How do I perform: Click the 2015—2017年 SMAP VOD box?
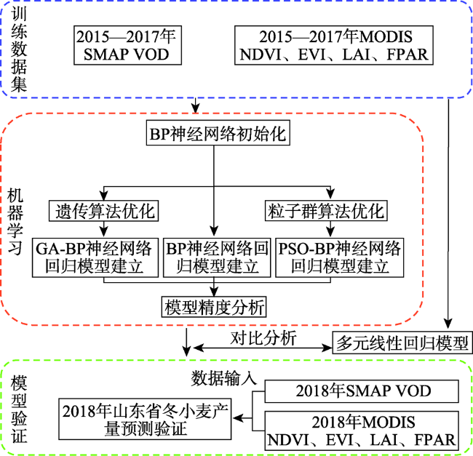tap(127, 45)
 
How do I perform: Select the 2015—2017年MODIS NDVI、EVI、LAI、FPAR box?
tap(334, 45)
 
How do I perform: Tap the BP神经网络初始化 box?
tap(218, 133)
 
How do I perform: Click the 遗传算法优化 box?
tap(104, 211)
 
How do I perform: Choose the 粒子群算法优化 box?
tap(326, 211)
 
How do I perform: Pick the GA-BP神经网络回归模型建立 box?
tap(95, 257)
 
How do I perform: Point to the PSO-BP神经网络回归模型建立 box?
tap(340, 257)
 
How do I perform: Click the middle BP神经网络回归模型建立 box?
tap(217, 257)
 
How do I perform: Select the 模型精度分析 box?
tap(214, 307)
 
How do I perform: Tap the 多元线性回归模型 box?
tap(402, 343)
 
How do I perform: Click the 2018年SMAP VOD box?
tap(362, 391)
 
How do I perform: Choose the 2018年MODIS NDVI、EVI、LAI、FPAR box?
tap(362, 431)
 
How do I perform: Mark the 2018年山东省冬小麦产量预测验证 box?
tap(145, 419)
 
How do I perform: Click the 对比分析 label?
tap(263, 338)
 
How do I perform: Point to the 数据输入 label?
tap(223, 378)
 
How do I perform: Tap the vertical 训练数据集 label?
tap(19, 49)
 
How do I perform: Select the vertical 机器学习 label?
tap(15, 222)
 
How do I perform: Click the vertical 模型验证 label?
tap(19, 409)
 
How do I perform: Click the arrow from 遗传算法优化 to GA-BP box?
tap(104, 229)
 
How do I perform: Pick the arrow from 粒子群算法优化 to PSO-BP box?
tap(330, 229)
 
